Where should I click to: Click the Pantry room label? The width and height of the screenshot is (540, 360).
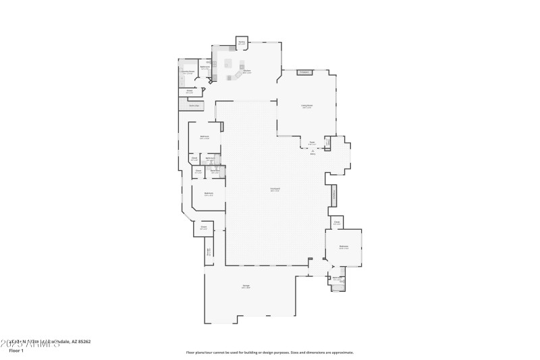click(242, 43)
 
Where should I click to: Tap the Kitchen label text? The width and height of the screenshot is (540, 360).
click(247, 71)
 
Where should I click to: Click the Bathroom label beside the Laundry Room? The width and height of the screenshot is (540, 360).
click(205, 67)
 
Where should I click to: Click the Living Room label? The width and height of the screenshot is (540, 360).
click(306, 106)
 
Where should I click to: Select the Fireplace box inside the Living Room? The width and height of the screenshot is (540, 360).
click(304, 72)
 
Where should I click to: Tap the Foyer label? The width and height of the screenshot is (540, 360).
click(313, 143)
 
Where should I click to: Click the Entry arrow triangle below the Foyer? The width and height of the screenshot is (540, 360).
click(313, 150)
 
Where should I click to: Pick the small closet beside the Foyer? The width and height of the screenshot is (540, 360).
click(328, 143)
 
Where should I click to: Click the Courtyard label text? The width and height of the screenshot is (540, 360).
click(275, 189)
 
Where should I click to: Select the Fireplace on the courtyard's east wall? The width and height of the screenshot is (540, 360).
click(333, 195)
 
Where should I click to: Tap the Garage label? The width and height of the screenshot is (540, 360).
click(246, 286)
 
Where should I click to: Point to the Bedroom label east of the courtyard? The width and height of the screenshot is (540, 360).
click(344, 247)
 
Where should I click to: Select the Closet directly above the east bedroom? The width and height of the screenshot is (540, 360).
click(336, 223)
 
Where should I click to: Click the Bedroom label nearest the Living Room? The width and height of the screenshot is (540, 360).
click(205, 137)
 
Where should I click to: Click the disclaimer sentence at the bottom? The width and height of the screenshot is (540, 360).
click(270, 352)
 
